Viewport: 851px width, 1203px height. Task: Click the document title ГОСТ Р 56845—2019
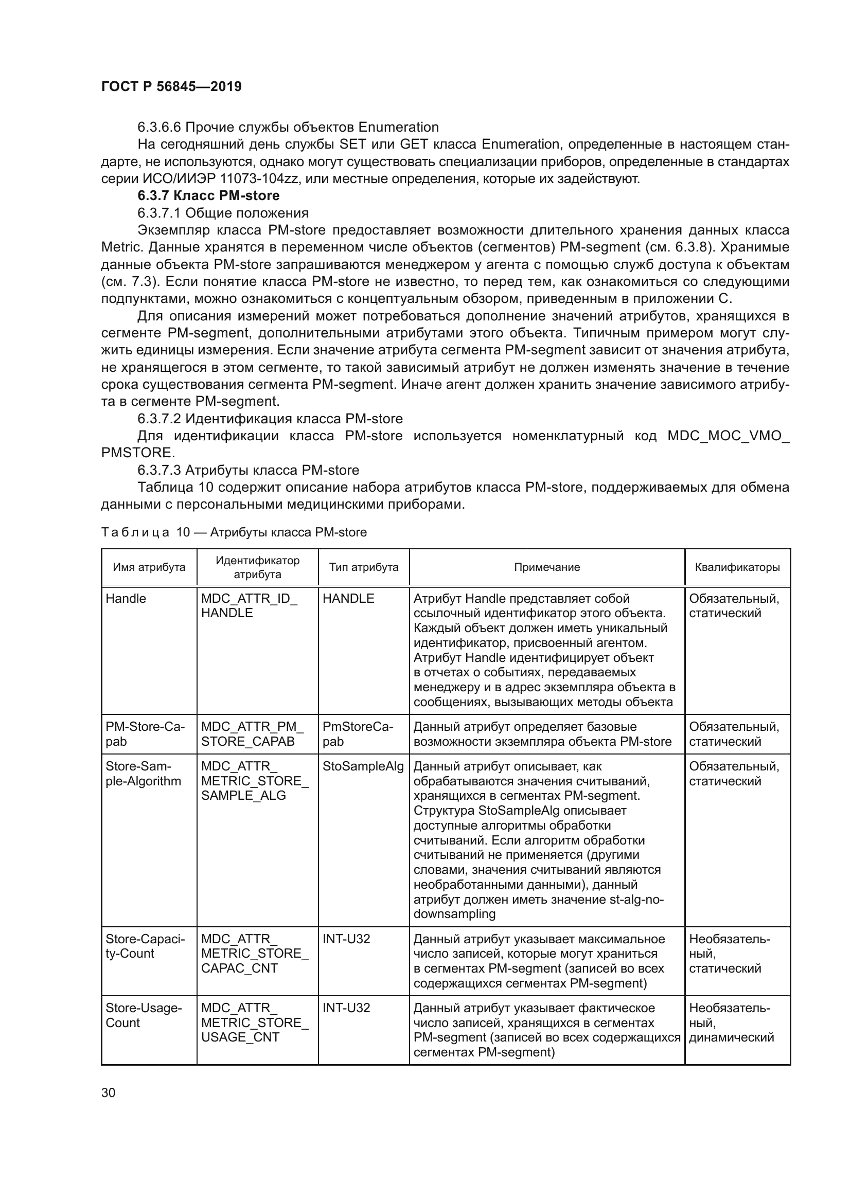[x=171, y=86]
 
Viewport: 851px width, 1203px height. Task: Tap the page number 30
[x=108, y=1092]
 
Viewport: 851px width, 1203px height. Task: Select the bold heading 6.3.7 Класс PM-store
[x=208, y=195]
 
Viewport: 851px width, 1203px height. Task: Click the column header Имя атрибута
[x=149, y=567]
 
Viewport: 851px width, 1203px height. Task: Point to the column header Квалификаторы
[x=737, y=567]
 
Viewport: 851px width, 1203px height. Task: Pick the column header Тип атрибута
[x=363, y=567]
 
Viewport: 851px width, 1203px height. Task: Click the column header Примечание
[x=546, y=567]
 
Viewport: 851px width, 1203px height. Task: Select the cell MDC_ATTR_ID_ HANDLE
[x=249, y=606]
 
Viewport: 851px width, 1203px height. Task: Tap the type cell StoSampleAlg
[x=363, y=766]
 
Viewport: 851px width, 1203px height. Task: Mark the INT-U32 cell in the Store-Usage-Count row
[x=346, y=1008]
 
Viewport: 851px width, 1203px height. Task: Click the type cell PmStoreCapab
[x=358, y=733]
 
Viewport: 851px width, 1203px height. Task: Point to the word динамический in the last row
[x=731, y=1037]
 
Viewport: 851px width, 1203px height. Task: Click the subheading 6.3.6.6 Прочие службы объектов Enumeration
[x=288, y=128]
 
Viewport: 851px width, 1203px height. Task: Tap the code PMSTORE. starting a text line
[x=138, y=453]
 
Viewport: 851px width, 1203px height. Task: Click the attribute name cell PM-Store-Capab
[x=145, y=733]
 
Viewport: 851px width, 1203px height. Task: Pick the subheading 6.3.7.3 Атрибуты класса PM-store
[x=248, y=470]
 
